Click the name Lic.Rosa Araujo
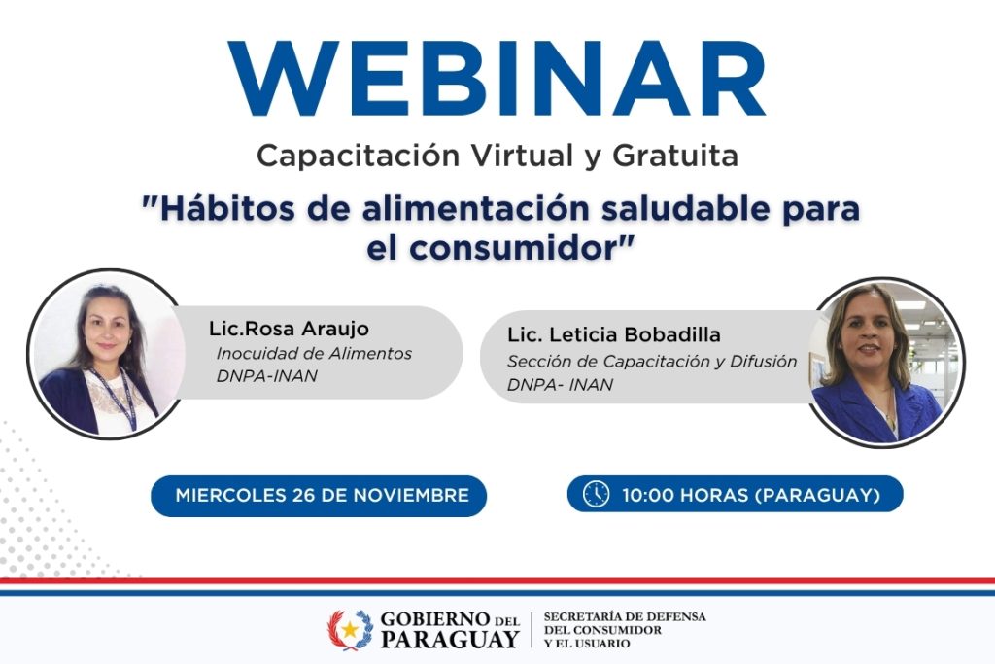(289, 329)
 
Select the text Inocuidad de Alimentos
(313, 354)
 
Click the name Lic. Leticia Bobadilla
(614, 335)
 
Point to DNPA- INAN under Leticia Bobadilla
(560, 384)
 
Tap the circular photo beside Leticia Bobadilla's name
(883, 363)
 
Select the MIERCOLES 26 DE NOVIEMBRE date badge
(322, 496)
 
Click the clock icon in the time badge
(596, 495)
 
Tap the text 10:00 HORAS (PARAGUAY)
(751, 495)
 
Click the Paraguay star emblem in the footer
(350, 630)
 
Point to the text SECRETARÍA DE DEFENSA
(625, 617)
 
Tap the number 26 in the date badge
(303, 496)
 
